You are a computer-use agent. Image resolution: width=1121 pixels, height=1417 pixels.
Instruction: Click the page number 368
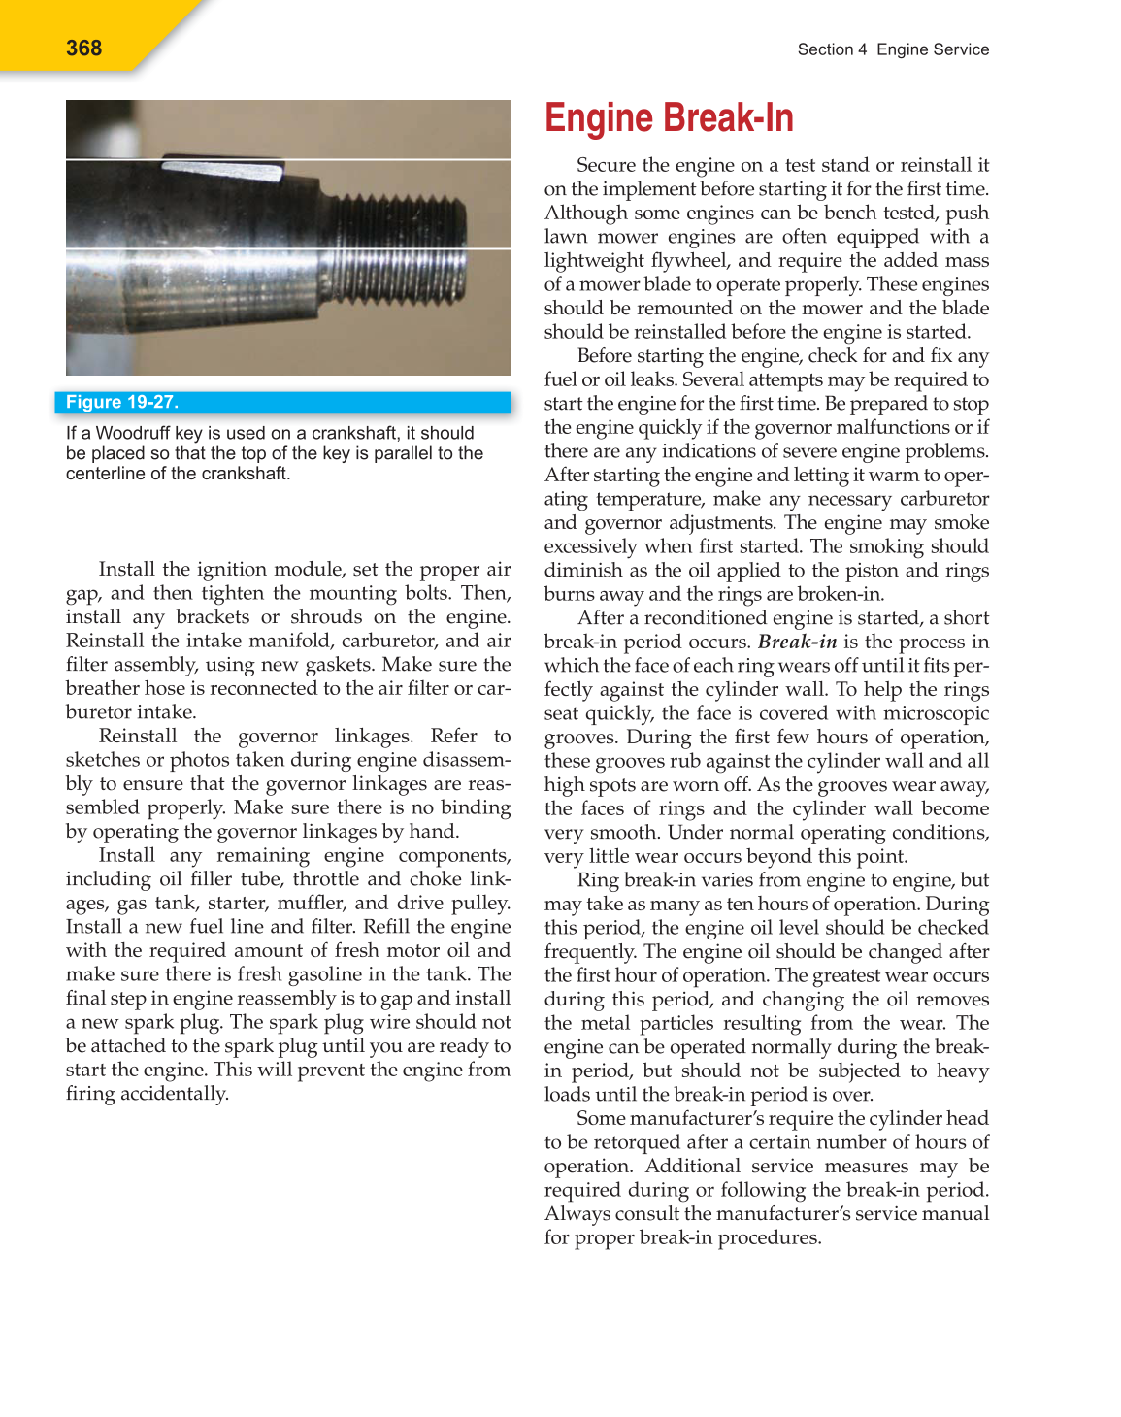pos(83,49)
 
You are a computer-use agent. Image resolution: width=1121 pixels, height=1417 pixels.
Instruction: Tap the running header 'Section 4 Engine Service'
pos(893,49)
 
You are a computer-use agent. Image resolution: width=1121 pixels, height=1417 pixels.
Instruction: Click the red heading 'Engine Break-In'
pos(669,118)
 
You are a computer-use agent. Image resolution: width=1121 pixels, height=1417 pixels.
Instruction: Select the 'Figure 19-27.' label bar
pos(287,403)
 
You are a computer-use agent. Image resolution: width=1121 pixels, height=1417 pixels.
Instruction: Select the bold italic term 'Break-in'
pos(797,642)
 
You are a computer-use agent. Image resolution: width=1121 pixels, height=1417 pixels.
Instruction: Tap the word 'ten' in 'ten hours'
pos(731,904)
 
